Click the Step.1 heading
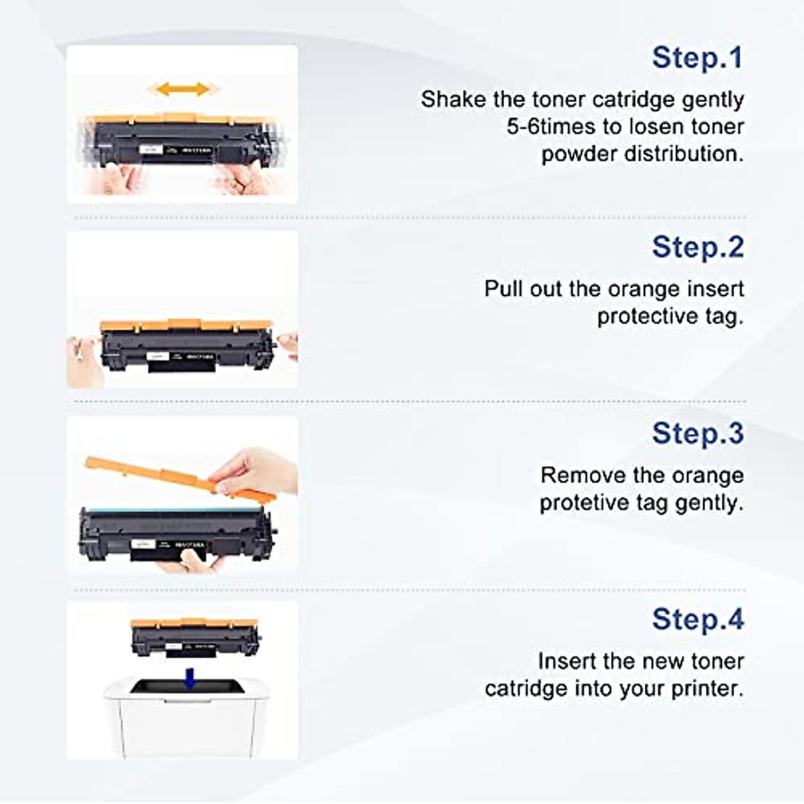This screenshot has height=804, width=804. click(697, 58)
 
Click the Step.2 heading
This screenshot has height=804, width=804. click(697, 247)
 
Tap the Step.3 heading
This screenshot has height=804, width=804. click(697, 433)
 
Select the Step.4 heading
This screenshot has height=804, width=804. click(697, 620)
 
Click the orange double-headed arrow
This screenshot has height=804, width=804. click(182, 89)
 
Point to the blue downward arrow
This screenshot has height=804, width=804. click(190, 678)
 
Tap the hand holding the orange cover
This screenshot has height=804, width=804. click(258, 469)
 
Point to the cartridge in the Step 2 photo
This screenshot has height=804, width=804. click(186, 345)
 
